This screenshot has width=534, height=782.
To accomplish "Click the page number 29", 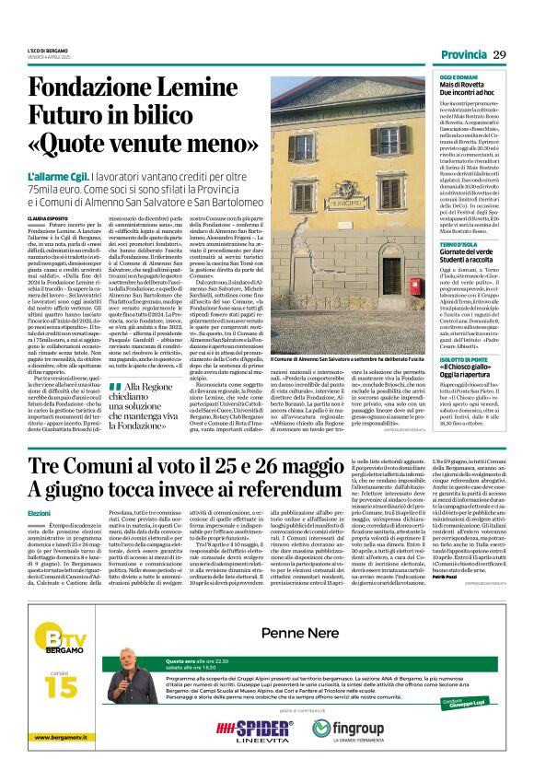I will [x=498, y=55].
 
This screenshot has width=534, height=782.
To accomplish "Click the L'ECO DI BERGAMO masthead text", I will [x=47, y=52].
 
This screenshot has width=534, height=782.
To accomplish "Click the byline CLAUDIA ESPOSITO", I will [x=46, y=218].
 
